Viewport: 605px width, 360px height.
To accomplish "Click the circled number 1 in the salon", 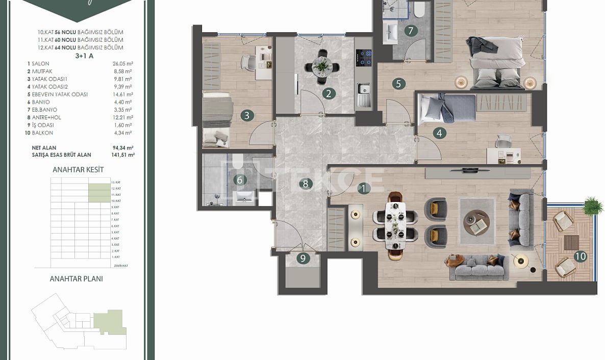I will (x=363, y=189).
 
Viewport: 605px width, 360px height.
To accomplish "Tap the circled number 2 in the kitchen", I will (x=329, y=93).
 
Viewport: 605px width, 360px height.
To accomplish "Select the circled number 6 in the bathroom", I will (x=239, y=179).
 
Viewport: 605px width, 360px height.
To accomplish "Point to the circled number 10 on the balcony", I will (x=580, y=256).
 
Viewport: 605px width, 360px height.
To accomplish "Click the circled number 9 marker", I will (x=303, y=259).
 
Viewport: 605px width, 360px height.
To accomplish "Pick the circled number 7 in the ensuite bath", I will (x=411, y=31).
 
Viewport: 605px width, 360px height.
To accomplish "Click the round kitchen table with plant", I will (x=322, y=65).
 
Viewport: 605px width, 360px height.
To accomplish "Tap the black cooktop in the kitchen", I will (x=364, y=54).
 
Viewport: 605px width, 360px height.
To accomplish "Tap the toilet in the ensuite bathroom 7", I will (x=420, y=9).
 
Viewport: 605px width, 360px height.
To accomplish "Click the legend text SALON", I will (x=40, y=64).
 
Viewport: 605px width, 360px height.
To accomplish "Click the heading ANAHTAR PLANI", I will (x=77, y=279).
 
